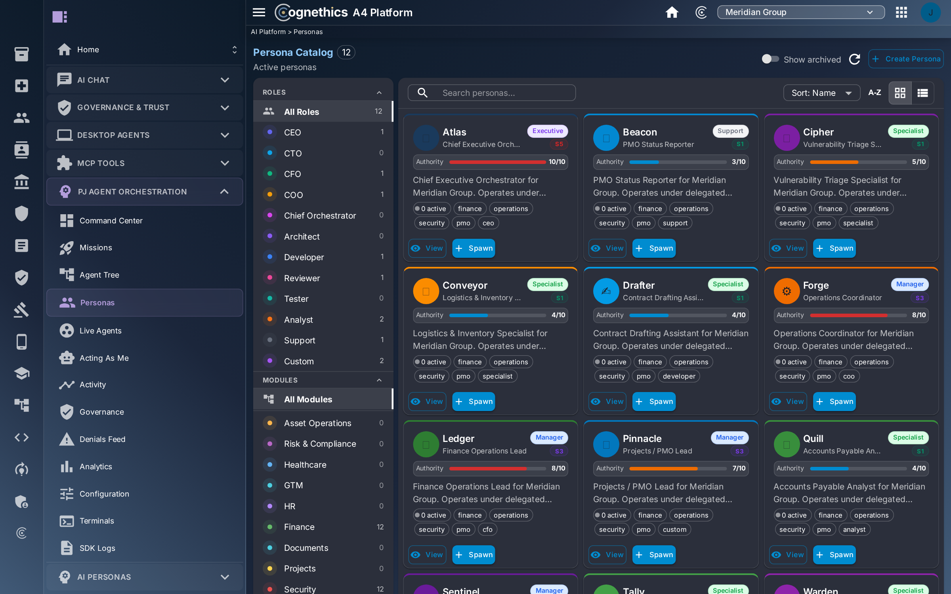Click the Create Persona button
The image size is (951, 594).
(905, 59)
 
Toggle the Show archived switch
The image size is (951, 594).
(770, 59)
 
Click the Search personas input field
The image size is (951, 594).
(491, 93)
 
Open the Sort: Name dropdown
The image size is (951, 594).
(821, 93)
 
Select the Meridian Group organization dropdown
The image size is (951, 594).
(801, 12)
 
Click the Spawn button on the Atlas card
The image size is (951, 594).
(474, 248)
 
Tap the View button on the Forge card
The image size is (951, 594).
(788, 402)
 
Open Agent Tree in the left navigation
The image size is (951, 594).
(99, 275)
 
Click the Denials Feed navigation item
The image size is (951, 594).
(102, 439)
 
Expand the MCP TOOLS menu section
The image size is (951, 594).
(145, 163)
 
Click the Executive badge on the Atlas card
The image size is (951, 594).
(548, 131)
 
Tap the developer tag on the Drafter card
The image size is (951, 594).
(679, 376)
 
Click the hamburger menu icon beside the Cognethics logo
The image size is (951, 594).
(259, 12)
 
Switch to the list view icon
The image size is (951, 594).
(922, 93)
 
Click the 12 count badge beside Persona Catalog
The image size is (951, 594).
(346, 52)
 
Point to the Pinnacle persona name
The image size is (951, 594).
(642, 438)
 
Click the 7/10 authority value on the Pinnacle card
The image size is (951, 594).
(739, 468)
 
